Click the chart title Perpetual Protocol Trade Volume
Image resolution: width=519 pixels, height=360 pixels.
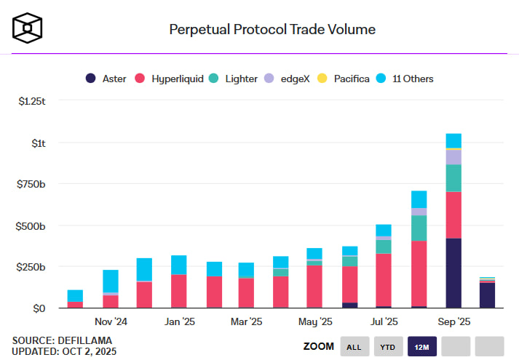(272, 30)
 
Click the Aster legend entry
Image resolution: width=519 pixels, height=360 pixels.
(108, 79)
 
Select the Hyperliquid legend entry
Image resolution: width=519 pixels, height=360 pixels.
(172, 79)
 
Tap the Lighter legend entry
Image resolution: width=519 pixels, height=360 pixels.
(234, 79)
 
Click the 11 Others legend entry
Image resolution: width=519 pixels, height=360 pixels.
(409, 79)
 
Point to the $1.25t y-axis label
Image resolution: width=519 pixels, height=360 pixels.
(32, 101)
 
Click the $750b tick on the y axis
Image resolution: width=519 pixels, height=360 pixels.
(31, 184)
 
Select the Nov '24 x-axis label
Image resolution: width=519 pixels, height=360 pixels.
(111, 321)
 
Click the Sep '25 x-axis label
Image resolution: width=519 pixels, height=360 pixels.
(453, 321)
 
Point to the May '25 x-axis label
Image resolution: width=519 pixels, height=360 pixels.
(315, 321)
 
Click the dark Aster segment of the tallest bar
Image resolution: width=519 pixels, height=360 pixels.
(453, 273)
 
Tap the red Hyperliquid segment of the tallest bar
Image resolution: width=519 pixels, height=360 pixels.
(453, 215)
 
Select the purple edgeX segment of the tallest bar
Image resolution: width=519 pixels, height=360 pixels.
(453, 157)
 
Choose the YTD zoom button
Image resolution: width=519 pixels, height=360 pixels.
(387, 347)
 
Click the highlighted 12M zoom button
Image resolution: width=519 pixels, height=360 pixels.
(421, 347)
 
